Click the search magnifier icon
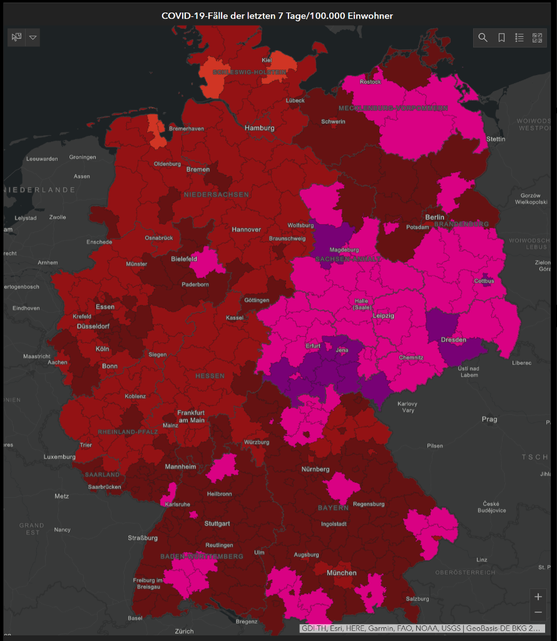point(483,38)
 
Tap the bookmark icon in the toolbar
point(501,38)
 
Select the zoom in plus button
point(538,597)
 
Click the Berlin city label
point(434,217)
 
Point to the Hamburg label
point(260,128)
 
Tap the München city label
point(342,573)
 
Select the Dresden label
point(453,340)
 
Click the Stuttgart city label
point(217,523)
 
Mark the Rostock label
point(370,82)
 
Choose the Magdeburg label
point(344,249)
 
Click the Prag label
point(489,419)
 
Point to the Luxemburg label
point(59,457)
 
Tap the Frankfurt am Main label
point(192,416)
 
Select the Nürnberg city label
point(315,469)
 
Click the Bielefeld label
point(184,259)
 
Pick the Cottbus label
point(484,280)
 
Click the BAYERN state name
point(333,507)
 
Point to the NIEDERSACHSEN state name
point(216,195)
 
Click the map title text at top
point(277,16)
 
